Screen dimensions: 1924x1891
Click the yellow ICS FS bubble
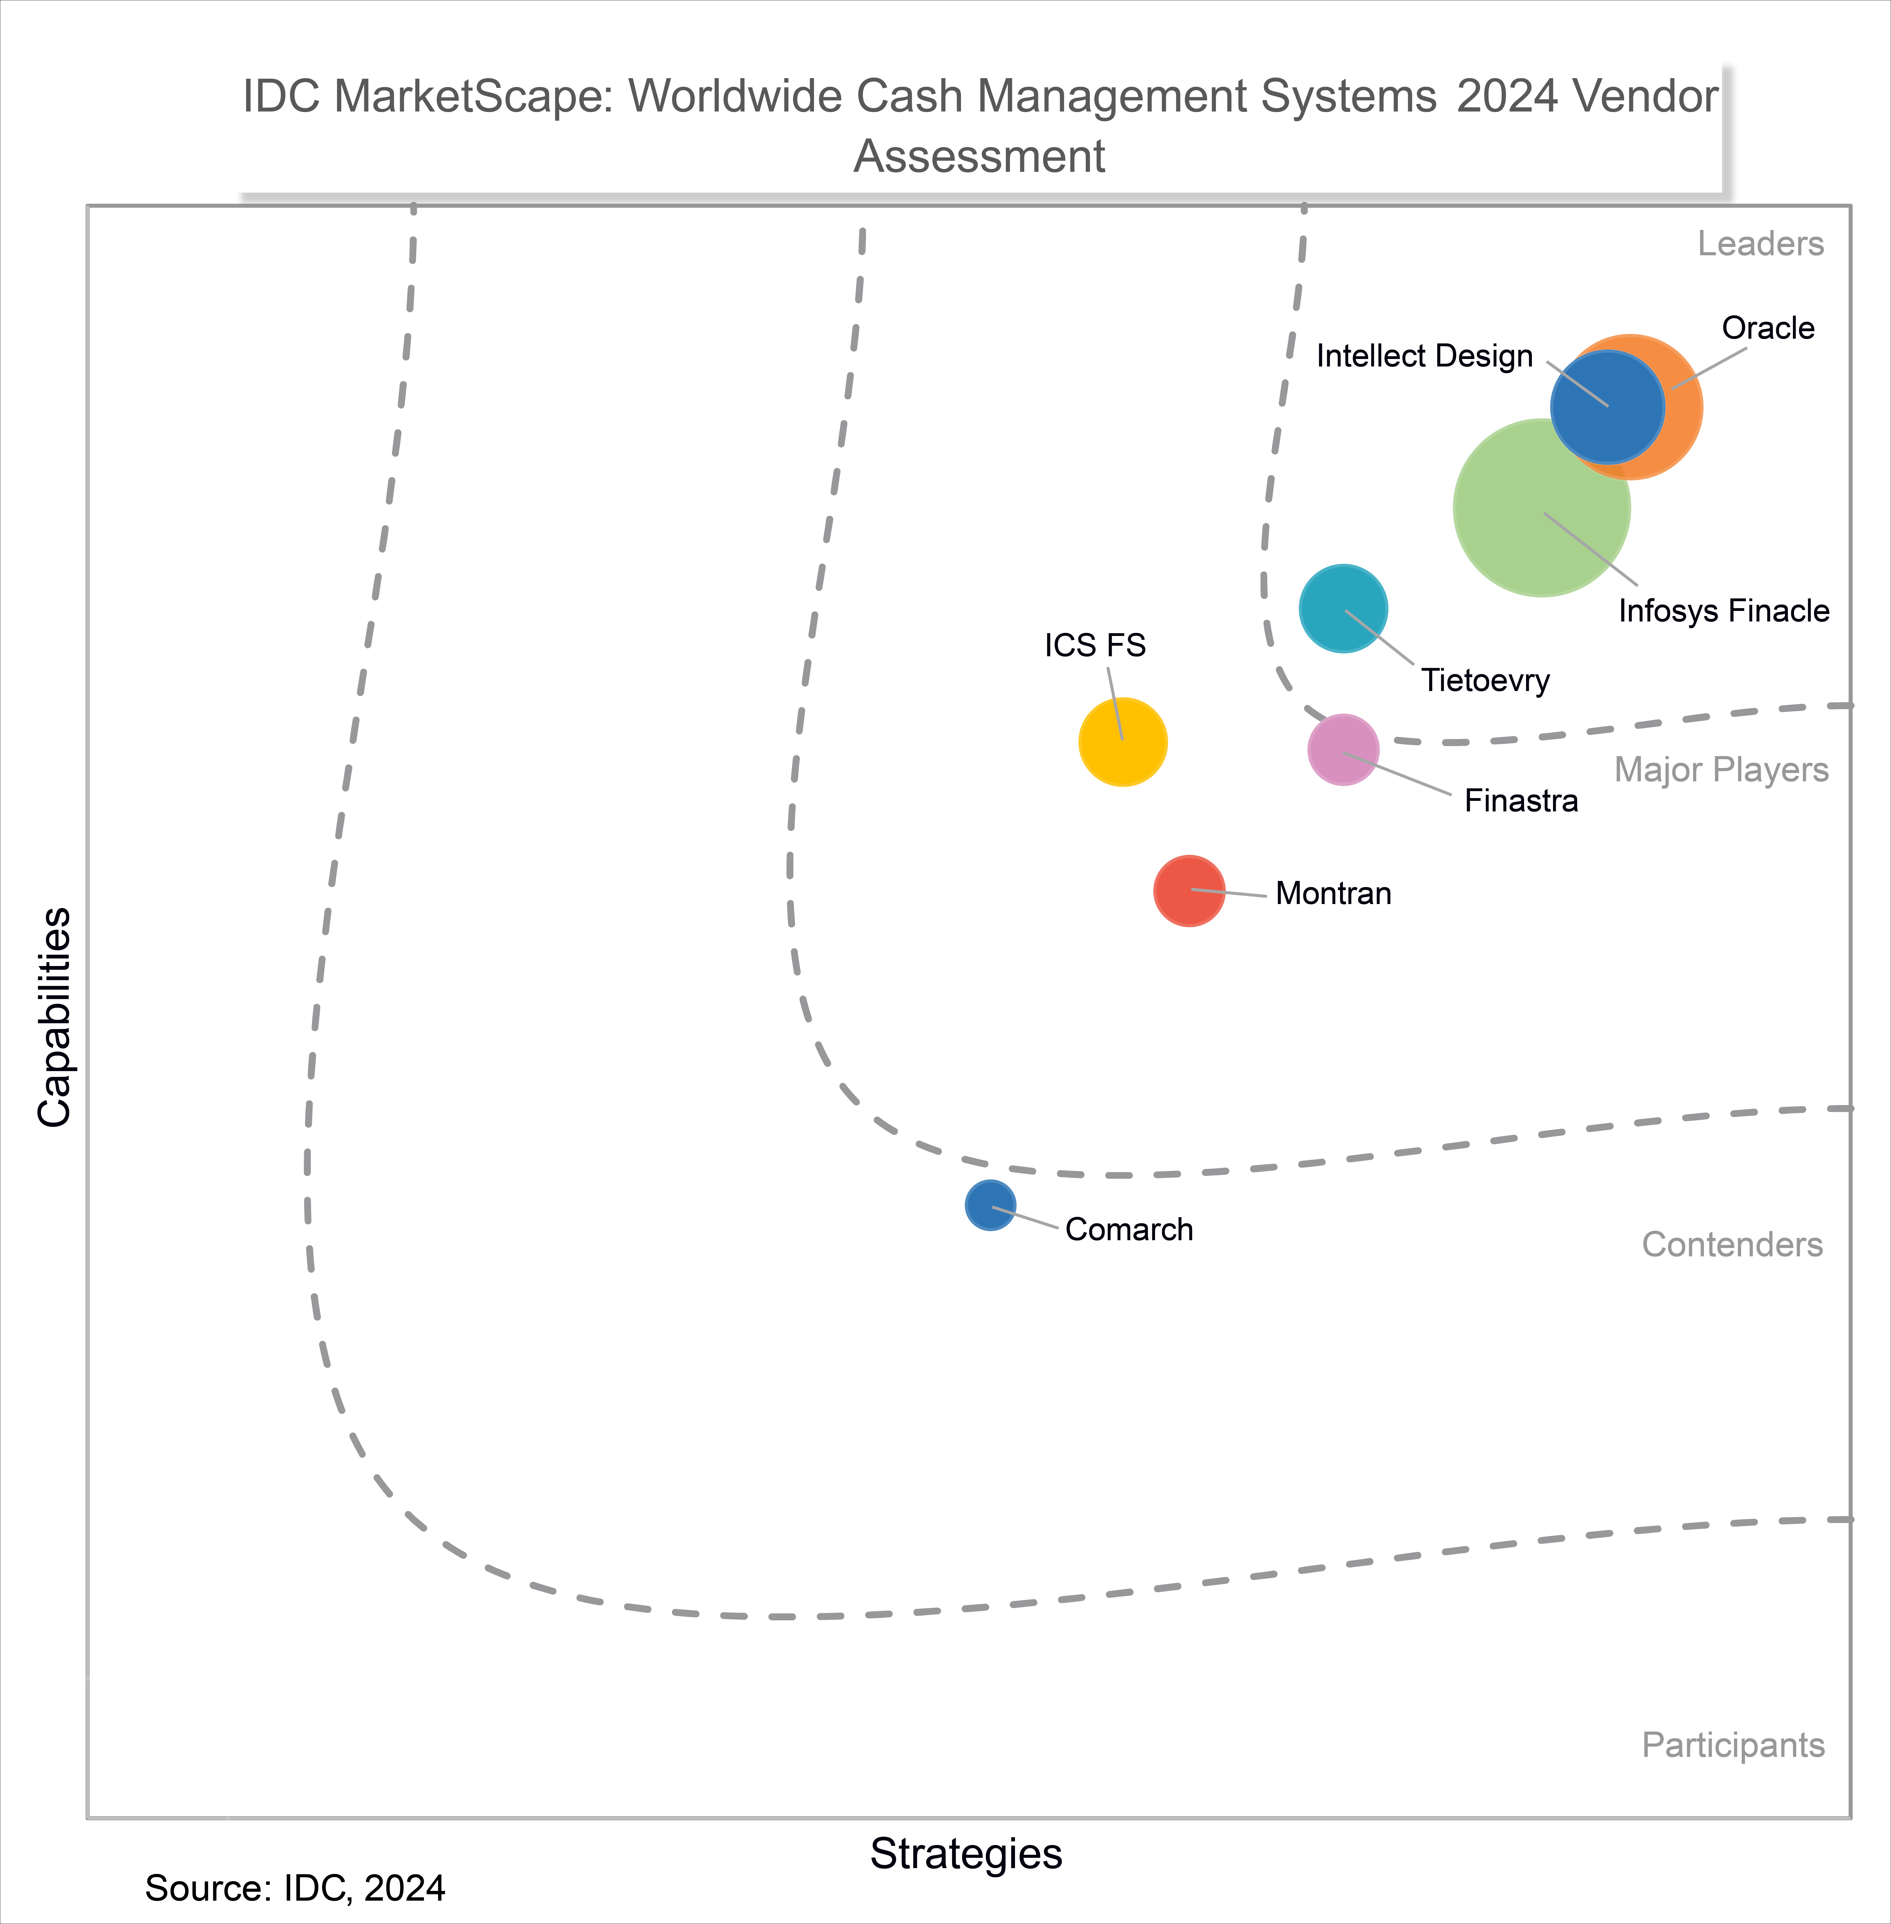pyautogui.click(x=1122, y=742)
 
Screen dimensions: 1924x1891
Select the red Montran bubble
pyautogui.click(x=1189, y=891)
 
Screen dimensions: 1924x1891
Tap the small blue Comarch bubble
pyautogui.click(x=990, y=1205)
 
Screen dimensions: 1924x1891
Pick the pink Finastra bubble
pyautogui.click(x=1343, y=750)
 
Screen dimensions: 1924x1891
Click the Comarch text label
pyautogui.click(x=1128, y=1230)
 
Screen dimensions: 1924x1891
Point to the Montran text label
pyautogui.click(x=1333, y=893)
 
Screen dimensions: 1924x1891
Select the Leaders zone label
pyautogui.click(x=1760, y=243)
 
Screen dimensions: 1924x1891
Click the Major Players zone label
pyautogui.click(x=1721, y=770)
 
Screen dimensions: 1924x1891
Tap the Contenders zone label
pyautogui.click(x=1732, y=1245)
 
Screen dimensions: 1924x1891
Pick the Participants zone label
pyautogui.click(x=1733, y=1745)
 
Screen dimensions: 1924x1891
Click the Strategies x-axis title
pyautogui.click(x=965, y=1854)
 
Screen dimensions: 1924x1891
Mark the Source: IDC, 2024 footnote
pyautogui.click(x=295, y=1888)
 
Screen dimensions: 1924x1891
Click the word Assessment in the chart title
pyautogui.click(x=979, y=157)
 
